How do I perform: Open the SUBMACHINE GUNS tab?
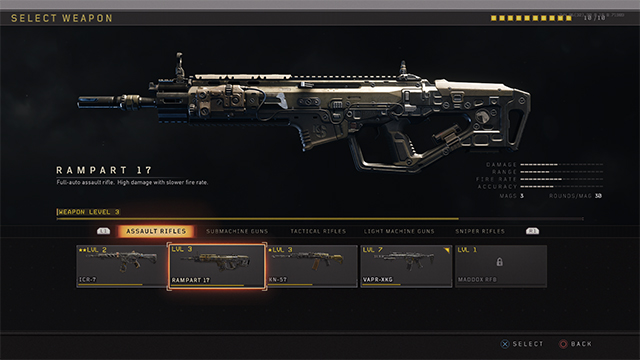tap(237, 231)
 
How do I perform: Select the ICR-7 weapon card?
tap(121, 266)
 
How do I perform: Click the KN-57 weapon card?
tap(312, 266)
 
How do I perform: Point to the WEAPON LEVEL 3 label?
tap(89, 212)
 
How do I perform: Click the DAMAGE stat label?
tap(501, 164)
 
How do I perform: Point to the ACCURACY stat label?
tap(499, 185)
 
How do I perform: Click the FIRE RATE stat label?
tap(499, 178)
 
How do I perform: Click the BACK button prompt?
tap(580, 343)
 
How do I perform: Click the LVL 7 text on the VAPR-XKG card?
tap(372, 249)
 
